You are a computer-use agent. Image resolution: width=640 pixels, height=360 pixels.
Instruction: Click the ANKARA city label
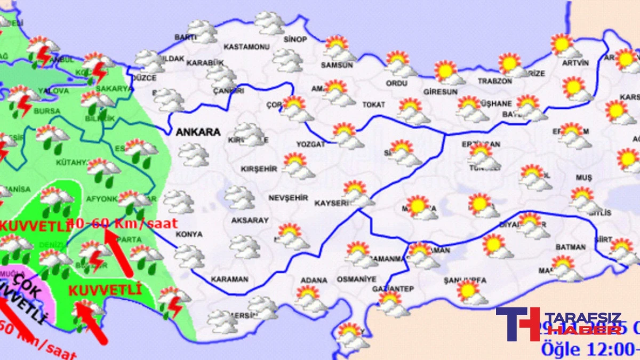point(198,132)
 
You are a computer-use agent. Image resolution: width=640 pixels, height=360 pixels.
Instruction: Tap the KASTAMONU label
point(246,47)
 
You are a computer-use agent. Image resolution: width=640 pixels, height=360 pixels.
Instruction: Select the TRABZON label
point(495,81)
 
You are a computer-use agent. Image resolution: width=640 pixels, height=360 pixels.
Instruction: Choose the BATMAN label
point(571,247)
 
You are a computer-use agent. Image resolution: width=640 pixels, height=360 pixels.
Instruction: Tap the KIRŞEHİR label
point(259,169)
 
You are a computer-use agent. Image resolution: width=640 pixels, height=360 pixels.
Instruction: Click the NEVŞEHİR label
point(288,198)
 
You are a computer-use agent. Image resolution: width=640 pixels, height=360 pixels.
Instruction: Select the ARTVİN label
point(575,63)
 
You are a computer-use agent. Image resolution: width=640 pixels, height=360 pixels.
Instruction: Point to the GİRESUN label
point(440,92)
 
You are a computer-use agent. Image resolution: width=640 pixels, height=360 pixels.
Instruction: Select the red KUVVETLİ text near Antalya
point(105,290)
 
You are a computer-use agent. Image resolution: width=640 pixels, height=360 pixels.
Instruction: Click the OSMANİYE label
point(356,279)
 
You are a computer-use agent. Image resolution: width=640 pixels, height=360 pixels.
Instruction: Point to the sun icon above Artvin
point(564,45)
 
